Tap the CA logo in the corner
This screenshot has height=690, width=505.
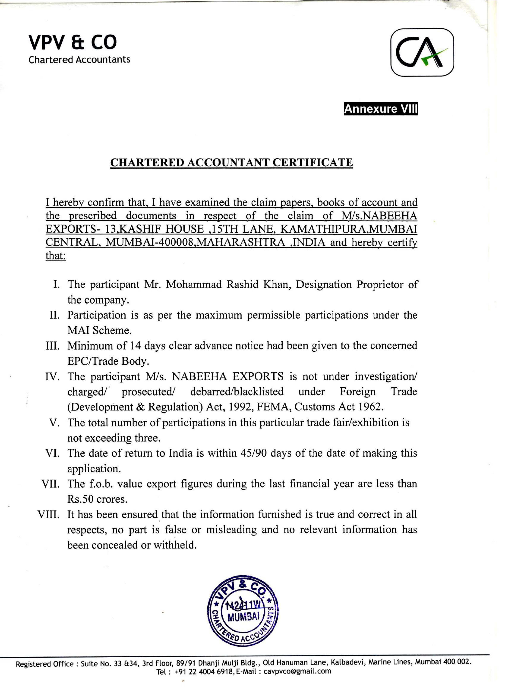[x=422, y=53]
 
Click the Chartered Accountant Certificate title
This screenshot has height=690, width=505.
[x=231, y=162]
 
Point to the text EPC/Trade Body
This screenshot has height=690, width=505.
[x=108, y=361]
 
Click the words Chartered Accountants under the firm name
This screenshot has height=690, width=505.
[x=79, y=59]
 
